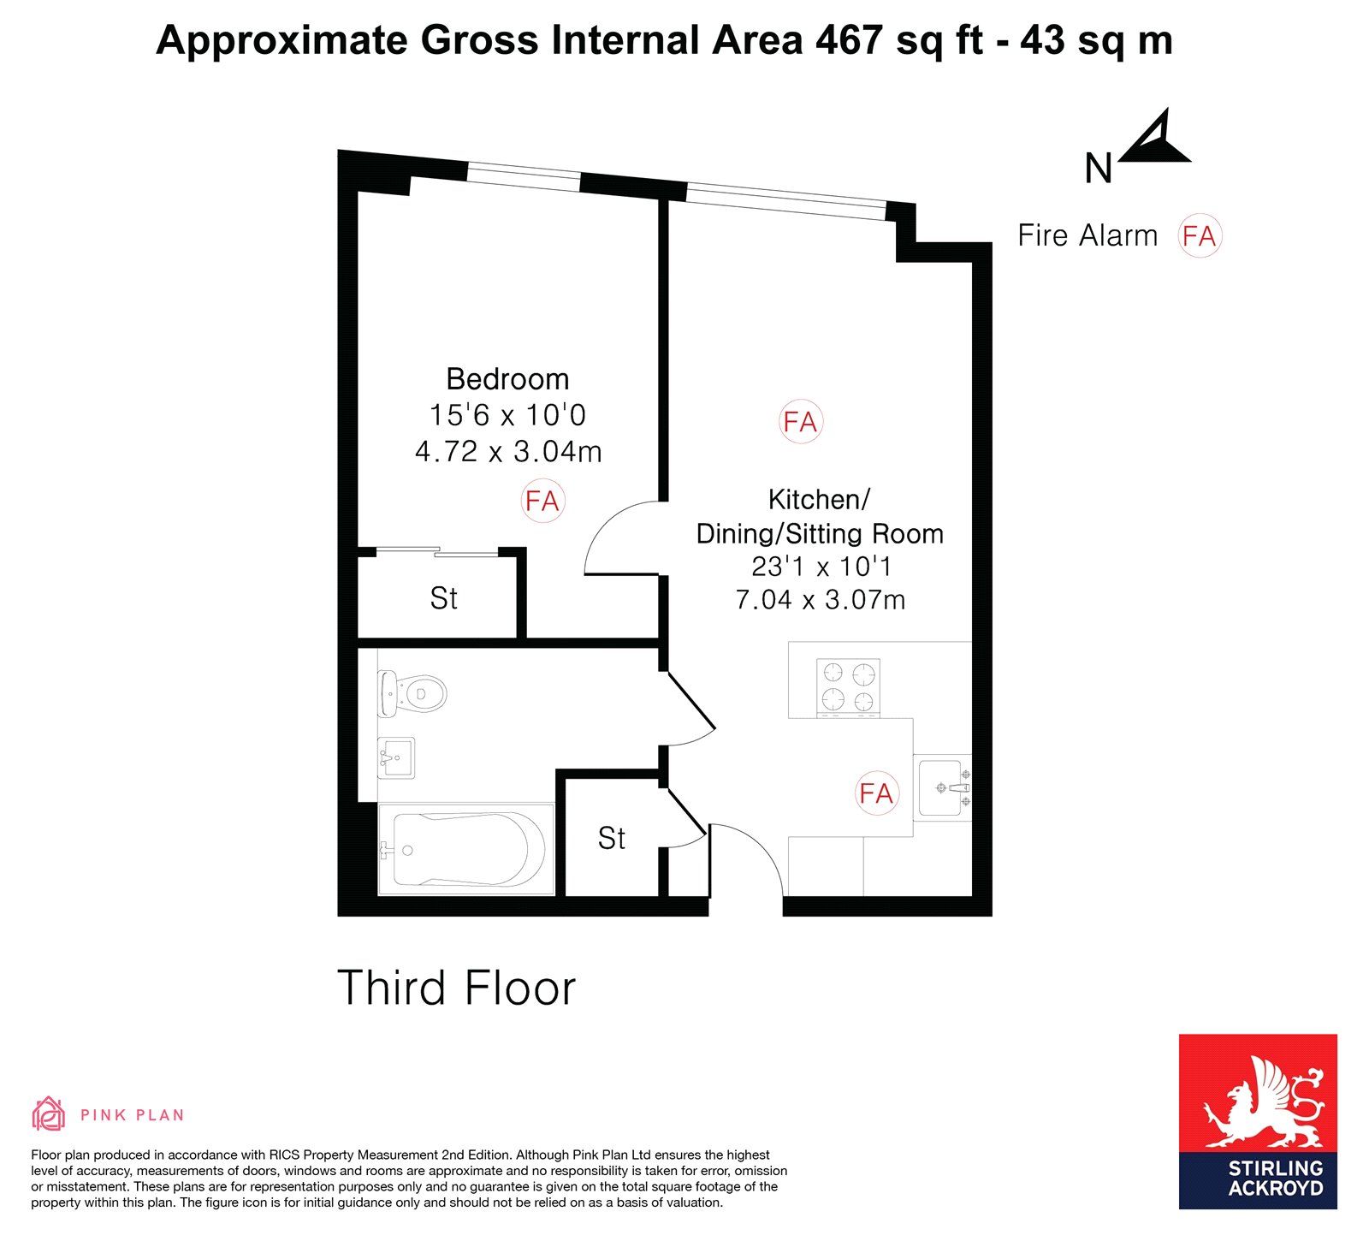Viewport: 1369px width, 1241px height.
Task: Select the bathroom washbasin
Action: pyautogui.click(x=396, y=757)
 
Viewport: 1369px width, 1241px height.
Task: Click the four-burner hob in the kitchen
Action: pyautogui.click(x=848, y=687)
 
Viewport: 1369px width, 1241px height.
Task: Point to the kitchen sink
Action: pyautogui.click(x=944, y=787)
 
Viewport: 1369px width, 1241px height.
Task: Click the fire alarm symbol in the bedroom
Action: pyautogui.click(x=542, y=501)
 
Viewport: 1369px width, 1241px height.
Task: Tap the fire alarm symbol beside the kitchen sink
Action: pyautogui.click(x=876, y=793)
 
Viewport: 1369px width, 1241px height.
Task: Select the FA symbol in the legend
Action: pyautogui.click(x=1199, y=236)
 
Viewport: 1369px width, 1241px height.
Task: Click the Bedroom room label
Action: pyautogui.click(x=507, y=378)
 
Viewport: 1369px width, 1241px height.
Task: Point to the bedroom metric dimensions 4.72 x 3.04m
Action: pyautogui.click(x=508, y=451)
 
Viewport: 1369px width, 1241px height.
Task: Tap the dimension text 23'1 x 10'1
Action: pyautogui.click(x=821, y=567)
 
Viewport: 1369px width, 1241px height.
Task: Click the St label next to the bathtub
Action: pyautogui.click(x=612, y=838)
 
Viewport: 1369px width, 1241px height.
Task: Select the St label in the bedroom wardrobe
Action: pyautogui.click(x=443, y=598)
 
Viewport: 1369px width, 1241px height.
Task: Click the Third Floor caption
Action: pyautogui.click(x=457, y=988)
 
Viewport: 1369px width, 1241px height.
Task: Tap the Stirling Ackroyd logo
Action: pyautogui.click(x=1258, y=1121)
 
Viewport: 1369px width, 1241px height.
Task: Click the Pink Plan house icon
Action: pyautogui.click(x=48, y=1113)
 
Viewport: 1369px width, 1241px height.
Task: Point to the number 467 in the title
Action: pyautogui.click(x=849, y=40)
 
